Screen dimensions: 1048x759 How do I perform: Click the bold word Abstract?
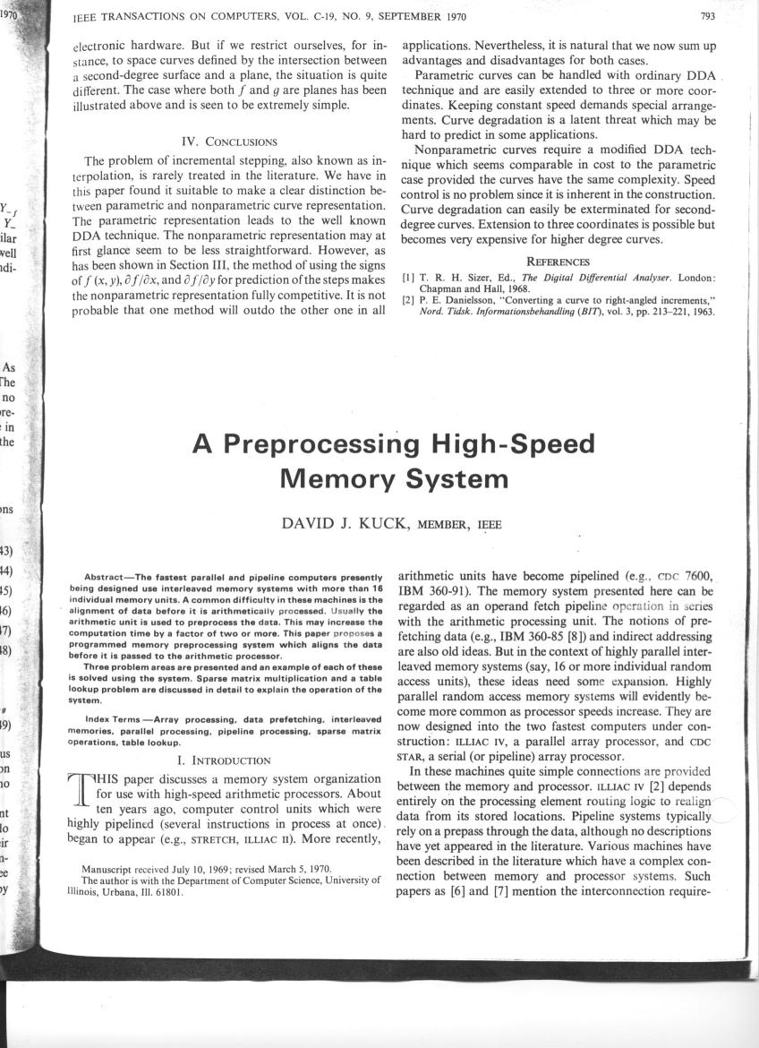[x=110, y=576]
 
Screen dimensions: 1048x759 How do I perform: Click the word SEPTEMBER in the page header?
[x=423, y=17]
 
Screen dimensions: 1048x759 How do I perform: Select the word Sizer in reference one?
[x=472, y=279]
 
